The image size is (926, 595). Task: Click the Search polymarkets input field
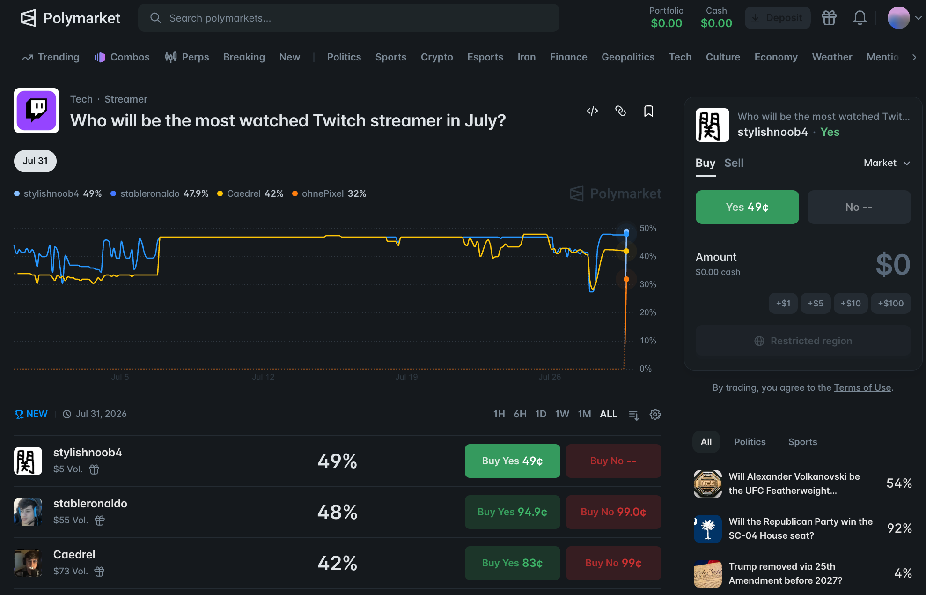[348, 18]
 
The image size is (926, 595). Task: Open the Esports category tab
[485, 57]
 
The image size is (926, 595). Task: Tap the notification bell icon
[860, 18]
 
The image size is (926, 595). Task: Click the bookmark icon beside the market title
[648, 111]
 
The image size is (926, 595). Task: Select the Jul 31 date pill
[35, 161]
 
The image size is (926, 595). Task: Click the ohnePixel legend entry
[329, 193]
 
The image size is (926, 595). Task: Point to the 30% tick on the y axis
[648, 284]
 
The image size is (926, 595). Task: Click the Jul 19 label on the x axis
[406, 377]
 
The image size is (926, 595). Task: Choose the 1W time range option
[562, 414]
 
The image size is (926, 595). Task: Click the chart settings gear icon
[655, 415]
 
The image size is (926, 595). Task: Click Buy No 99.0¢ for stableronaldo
[613, 512]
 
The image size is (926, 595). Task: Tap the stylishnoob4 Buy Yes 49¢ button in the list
[512, 461]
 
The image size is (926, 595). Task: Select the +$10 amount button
[851, 304]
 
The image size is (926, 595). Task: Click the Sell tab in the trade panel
[734, 163]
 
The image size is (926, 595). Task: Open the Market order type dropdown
[887, 163]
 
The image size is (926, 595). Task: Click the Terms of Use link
[862, 387]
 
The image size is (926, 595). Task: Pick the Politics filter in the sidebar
[750, 442]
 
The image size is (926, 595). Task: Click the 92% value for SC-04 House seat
[899, 528]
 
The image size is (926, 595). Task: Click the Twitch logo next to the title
[37, 111]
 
